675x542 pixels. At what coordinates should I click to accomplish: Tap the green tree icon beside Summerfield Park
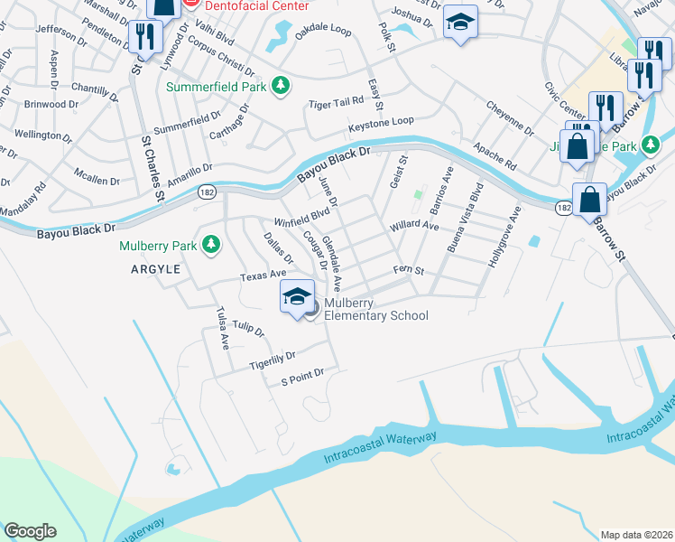coord(282,86)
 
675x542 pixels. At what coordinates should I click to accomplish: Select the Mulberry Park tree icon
coord(210,244)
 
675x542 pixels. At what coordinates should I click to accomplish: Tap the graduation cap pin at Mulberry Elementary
coord(297,297)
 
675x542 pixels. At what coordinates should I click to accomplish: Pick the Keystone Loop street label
coord(381,120)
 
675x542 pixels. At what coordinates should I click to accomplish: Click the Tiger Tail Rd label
coord(336,104)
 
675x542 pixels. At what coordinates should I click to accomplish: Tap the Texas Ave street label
coord(263,273)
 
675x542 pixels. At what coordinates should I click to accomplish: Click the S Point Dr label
coord(301,373)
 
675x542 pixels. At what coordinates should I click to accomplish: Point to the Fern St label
coord(408,270)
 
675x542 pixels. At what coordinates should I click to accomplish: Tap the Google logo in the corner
coord(30,531)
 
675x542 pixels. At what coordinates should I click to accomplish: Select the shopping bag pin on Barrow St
coord(589,199)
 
